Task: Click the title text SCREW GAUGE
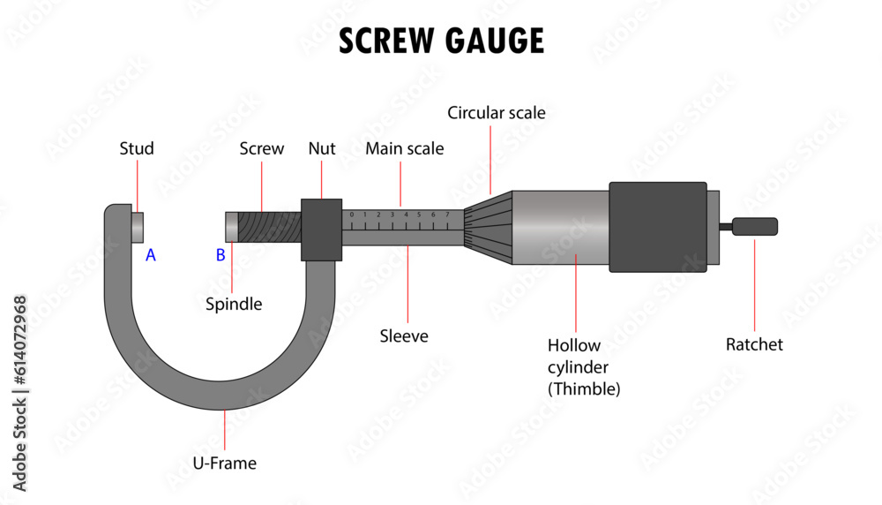point(441,41)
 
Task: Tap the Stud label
point(137,148)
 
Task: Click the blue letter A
point(151,255)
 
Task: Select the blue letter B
point(220,255)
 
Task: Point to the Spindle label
point(234,304)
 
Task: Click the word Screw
point(262,148)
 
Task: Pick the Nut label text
point(322,148)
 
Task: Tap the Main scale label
point(405,148)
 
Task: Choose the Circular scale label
point(497,113)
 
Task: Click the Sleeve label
point(404,335)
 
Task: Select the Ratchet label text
point(754,344)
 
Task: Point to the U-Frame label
point(225,462)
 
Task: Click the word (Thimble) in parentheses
point(584,388)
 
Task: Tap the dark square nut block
point(322,230)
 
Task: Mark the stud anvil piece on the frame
point(138,226)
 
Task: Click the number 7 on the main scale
point(447,215)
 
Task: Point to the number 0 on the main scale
point(351,215)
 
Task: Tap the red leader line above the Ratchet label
point(755,283)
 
